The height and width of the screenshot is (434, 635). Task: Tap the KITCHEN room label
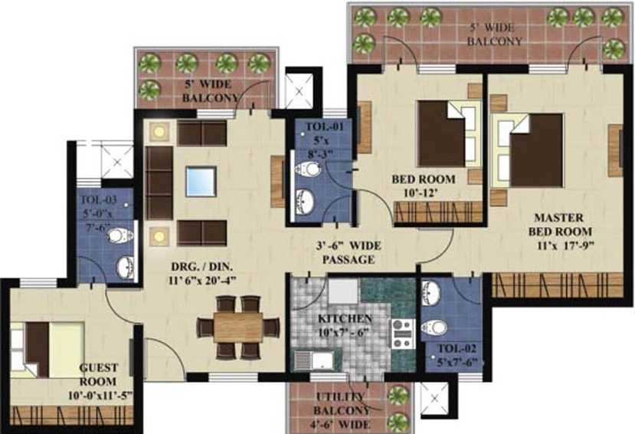pyautogui.click(x=346, y=318)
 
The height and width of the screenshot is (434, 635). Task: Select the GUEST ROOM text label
pyautogui.click(x=97, y=375)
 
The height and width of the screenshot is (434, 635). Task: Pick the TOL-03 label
pyautogui.click(x=97, y=202)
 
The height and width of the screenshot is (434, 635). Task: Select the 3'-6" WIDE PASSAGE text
pyautogui.click(x=346, y=253)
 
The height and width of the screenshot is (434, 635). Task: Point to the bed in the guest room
pyautogui.click(x=46, y=349)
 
